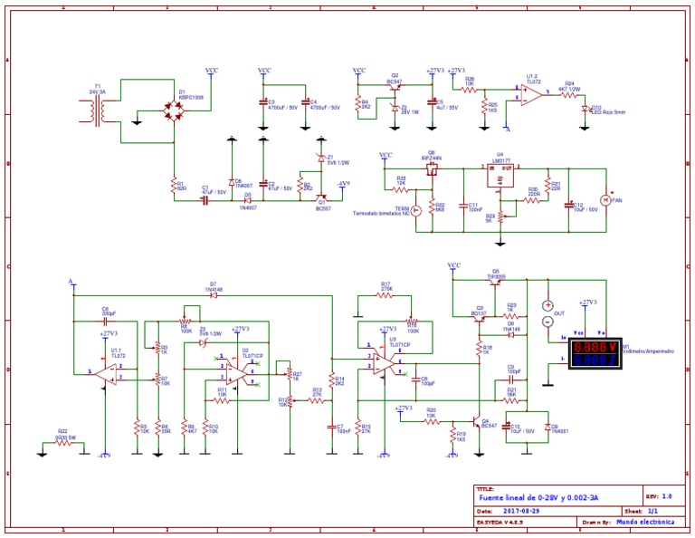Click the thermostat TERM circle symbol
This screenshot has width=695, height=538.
coord(416,210)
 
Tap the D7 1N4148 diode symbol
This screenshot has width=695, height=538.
coord(214,295)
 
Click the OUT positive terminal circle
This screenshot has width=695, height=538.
coord(547,305)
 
